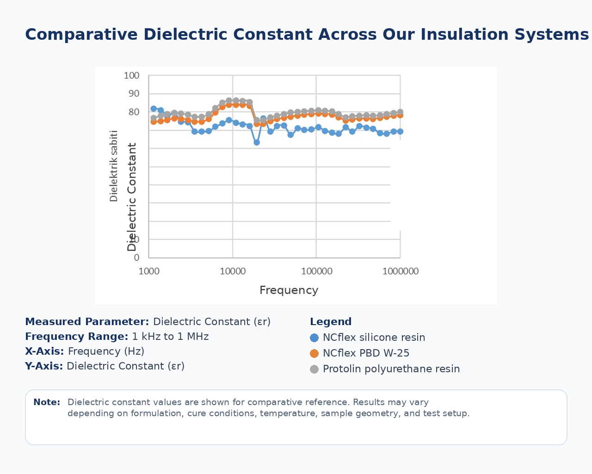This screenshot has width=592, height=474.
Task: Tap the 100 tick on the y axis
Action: (132, 75)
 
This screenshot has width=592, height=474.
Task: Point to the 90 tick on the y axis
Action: (134, 93)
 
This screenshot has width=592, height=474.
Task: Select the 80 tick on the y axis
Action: (134, 112)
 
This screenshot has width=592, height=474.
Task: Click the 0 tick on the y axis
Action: (136, 258)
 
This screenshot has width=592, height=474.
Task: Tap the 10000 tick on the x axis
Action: (233, 271)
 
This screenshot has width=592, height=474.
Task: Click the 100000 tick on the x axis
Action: (316, 271)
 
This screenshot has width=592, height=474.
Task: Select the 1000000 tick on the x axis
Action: (401, 271)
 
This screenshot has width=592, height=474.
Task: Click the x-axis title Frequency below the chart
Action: (289, 290)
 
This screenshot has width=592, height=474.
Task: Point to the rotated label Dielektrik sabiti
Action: (114, 166)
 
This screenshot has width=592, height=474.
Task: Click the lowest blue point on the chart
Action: (257, 142)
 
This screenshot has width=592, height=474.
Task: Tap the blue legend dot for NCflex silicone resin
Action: (314, 338)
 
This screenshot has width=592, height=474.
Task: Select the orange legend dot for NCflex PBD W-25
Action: (314, 353)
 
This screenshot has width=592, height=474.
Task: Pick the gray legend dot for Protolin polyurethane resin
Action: (314, 369)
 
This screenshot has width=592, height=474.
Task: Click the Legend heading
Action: (331, 322)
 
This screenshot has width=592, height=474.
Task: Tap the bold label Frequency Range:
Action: (76, 337)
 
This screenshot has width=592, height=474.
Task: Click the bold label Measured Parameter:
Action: (87, 322)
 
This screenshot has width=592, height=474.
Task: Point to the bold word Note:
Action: (47, 402)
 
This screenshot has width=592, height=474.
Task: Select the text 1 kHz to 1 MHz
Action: (170, 337)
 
